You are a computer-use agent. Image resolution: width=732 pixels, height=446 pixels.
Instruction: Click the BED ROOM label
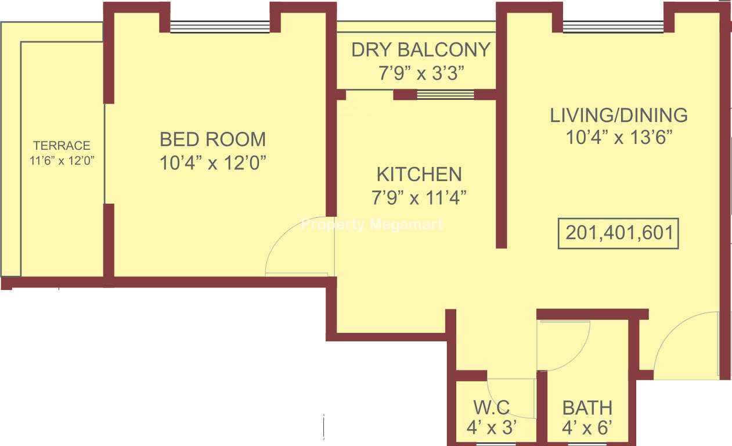212,139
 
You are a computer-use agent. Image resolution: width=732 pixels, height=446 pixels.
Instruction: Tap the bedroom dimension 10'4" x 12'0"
213,163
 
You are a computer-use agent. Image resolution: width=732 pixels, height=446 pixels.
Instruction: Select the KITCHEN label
419,174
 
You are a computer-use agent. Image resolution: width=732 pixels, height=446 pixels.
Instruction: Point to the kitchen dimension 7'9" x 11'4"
419,197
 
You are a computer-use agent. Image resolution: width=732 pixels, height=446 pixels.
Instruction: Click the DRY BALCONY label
421,50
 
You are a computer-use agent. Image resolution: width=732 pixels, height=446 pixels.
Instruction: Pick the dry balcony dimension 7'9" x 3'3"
421,73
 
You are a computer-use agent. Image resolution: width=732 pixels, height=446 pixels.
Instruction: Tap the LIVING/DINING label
619,115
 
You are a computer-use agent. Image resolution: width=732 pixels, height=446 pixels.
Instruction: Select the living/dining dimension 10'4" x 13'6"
619,137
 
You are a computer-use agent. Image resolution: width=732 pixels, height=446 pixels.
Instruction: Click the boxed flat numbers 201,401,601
618,233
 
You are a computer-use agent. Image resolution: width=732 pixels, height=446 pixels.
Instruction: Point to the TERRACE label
62,146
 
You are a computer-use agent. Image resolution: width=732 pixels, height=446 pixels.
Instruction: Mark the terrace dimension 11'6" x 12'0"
62,160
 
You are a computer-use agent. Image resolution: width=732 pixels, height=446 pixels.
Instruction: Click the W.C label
492,408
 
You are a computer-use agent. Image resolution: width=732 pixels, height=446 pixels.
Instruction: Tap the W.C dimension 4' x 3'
492,427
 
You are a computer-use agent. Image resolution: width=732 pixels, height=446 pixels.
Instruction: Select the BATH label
587,408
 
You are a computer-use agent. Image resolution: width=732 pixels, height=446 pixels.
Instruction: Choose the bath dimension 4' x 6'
587,427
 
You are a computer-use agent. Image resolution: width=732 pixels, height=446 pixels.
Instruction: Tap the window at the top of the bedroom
219,27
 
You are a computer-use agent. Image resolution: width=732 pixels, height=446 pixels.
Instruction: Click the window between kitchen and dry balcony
446,95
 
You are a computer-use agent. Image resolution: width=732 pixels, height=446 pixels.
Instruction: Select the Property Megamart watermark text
372,225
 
